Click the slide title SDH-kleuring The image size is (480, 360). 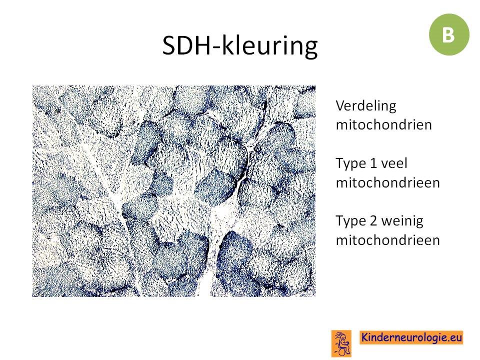(x=239, y=46)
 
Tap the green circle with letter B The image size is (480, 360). (x=449, y=34)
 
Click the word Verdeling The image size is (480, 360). (x=366, y=106)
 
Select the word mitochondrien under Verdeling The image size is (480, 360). (x=384, y=125)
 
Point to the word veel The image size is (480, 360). (x=394, y=163)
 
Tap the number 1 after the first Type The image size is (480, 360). (x=373, y=163)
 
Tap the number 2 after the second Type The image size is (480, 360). (x=373, y=220)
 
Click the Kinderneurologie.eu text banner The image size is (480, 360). (x=411, y=337)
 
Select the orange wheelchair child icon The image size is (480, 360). (x=341, y=343)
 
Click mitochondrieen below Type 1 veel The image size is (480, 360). (x=388, y=183)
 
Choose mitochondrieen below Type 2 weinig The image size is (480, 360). (x=388, y=240)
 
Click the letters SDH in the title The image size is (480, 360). (x=189, y=45)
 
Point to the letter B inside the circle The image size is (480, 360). (x=448, y=35)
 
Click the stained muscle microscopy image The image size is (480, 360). (x=174, y=191)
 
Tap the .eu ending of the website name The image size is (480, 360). (x=454, y=337)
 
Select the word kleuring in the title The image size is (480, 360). (x=269, y=46)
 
